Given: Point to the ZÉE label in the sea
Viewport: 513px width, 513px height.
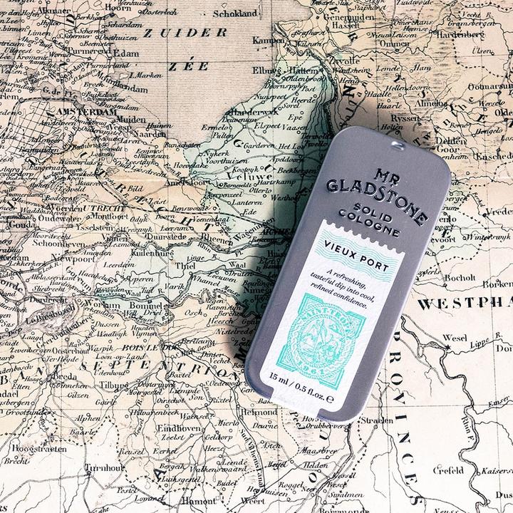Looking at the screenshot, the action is coord(188,66).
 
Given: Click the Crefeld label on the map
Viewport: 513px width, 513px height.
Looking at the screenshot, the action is coord(448,470).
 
